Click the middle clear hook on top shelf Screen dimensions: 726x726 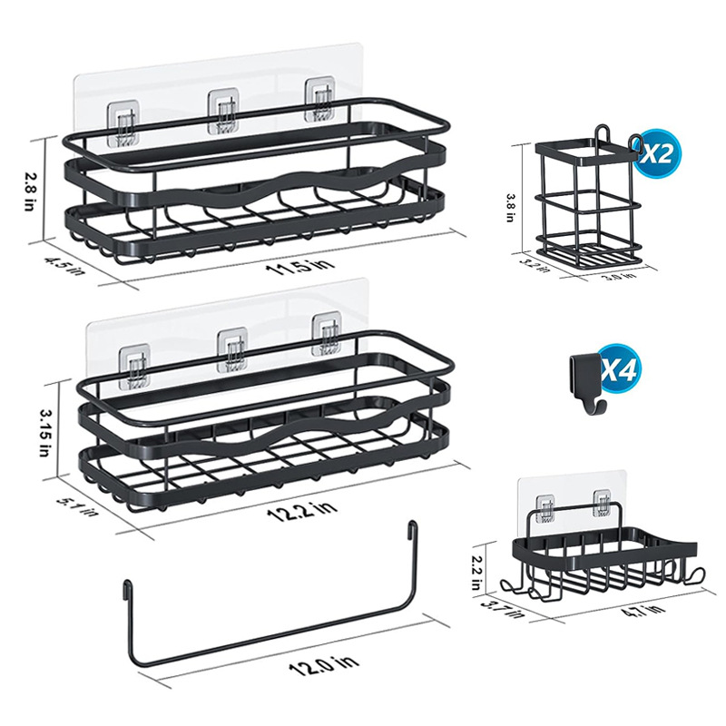[223, 113]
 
